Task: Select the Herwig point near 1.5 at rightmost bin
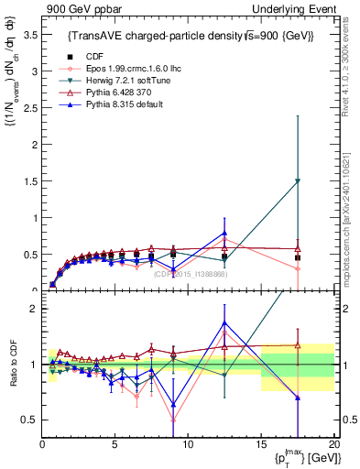tap(297, 181)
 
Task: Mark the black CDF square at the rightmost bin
tap(297, 257)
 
